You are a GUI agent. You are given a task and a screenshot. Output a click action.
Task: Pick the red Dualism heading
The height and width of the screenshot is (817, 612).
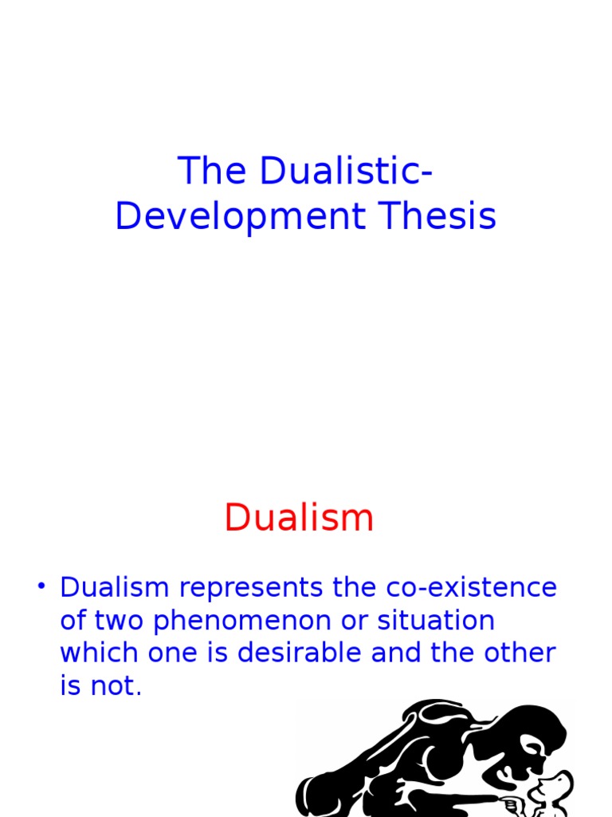coord(299,518)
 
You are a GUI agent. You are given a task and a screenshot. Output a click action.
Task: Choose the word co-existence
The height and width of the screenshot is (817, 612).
coord(472,588)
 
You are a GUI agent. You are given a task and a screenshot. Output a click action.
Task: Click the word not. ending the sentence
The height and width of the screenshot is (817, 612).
coord(115,686)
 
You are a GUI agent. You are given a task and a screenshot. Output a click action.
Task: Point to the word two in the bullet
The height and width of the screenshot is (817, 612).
coord(116,622)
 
